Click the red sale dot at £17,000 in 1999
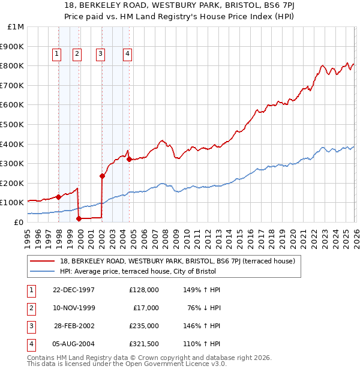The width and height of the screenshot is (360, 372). click(x=79, y=219)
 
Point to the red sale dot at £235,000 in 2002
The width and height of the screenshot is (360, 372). click(x=103, y=176)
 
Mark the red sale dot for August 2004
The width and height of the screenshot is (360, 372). click(x=129, y=159)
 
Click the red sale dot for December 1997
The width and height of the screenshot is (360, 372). click(x=59, y=197)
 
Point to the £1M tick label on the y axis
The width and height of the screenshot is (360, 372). click(x=16, y=27)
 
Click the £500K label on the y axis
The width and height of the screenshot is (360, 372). click(x=13, y=125)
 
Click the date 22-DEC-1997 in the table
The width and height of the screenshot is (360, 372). click(x=73, y=289)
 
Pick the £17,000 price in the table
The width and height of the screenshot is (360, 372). click(x=146, y=307)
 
